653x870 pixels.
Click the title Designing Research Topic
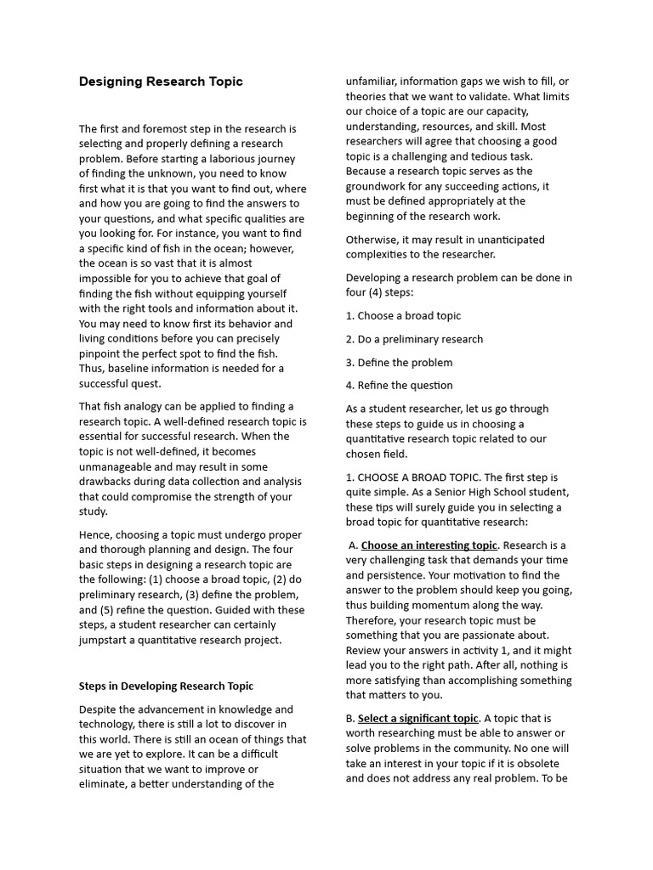[161, 82]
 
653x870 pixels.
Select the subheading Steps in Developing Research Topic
[166, 686]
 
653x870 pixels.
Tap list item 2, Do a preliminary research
[414, 339]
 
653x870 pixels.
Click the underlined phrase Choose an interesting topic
[429, 545]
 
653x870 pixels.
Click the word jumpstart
[106, 640]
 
